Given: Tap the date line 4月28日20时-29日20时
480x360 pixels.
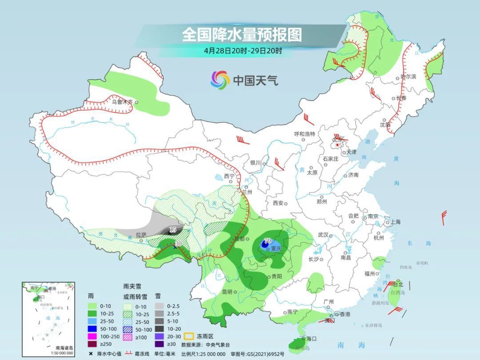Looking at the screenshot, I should [243, 51].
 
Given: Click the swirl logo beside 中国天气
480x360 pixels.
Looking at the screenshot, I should [220, 80].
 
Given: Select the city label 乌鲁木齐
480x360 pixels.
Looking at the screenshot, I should [122, 102].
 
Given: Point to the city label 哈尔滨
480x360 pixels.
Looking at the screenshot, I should [408, 77].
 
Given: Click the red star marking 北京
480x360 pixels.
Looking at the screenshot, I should [338, 145].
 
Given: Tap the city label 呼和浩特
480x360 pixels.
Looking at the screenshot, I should [304, 134].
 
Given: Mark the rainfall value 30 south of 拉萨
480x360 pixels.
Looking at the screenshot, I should [178, 243].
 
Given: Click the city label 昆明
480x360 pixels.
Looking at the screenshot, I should [227, 292].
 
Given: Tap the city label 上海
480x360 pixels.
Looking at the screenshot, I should [395, 222].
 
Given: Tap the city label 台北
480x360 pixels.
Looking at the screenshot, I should [398, 284].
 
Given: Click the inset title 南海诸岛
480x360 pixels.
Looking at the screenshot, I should [64, 348].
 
